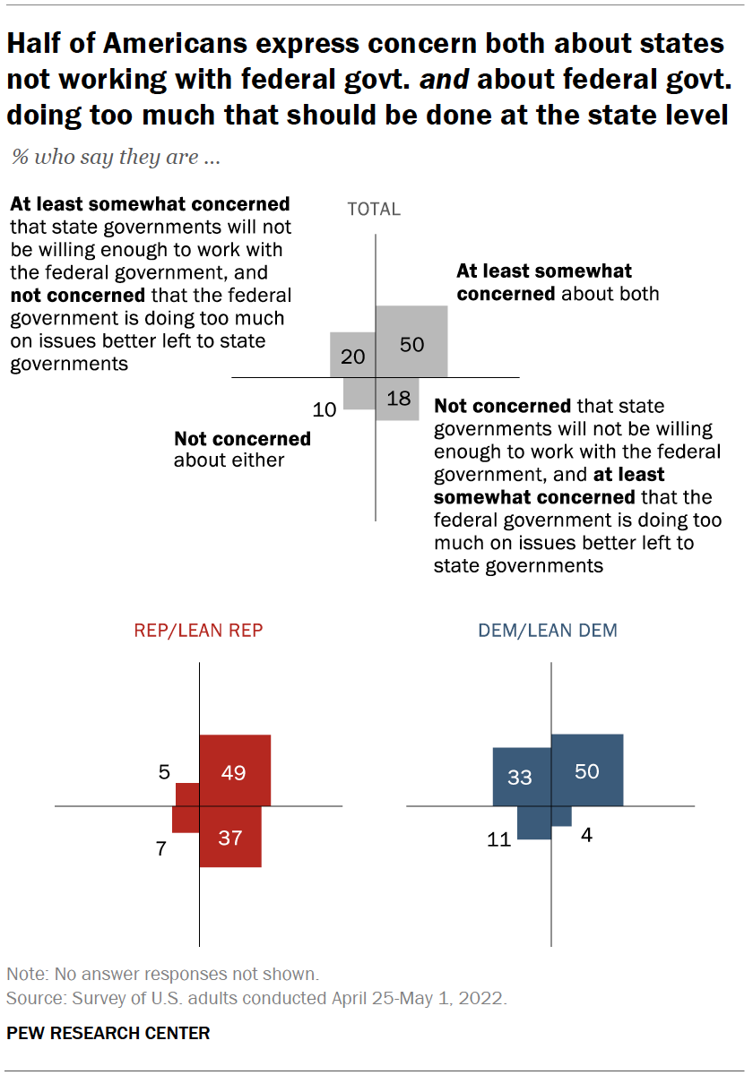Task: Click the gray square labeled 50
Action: (x=411, y=341)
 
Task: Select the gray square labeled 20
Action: (x=353, y=355)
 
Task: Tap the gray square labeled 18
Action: (x=397, y=399)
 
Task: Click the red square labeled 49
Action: (x=234, y=770)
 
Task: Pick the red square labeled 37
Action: (x=230, y=837)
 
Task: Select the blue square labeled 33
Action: (x=522, y=777)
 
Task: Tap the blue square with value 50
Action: (x=586, y=770)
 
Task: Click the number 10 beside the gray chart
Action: (x=325, y=410)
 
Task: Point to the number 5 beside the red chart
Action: (x=164, y=771)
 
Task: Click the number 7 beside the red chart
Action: (x=161, y=848)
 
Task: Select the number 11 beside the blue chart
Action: (x=498, y=839)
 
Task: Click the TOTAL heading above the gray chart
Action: (x=374, y=210)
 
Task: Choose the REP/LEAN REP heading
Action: (x=199, y=631)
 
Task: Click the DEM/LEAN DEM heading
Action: (x=547, y=631)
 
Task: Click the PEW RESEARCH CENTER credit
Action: (x=108, y=1033)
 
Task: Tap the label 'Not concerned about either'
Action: (x=242, y=450)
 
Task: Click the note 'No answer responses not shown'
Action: (x=162, y=974)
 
